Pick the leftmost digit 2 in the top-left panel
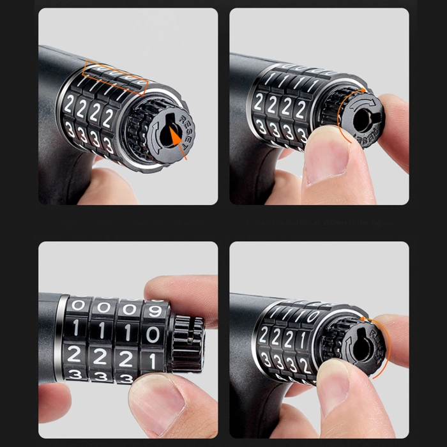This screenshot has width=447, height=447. [x=69, y=103]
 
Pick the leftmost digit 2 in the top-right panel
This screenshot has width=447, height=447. [x=260, y=100]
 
